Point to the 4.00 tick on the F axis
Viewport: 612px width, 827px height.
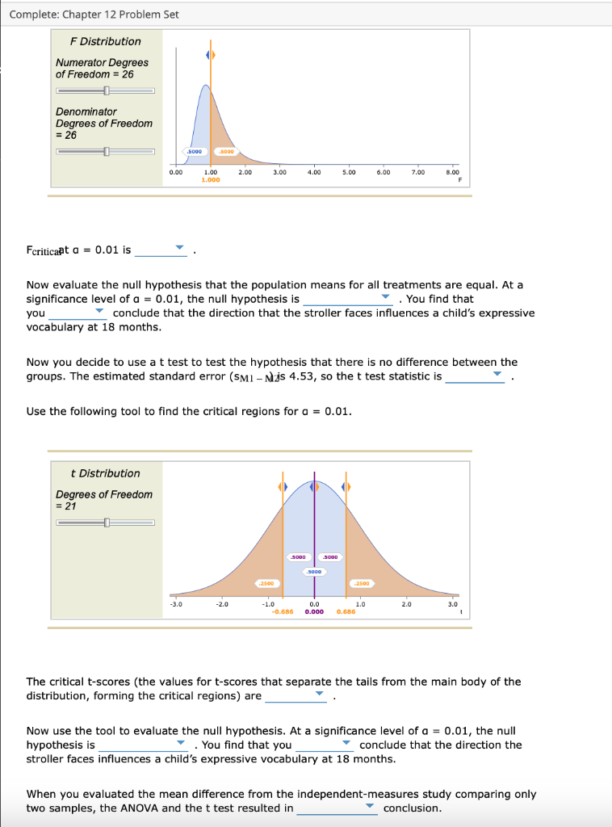(x=315, y=171)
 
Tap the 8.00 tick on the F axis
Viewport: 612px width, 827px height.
(x=453, y=171)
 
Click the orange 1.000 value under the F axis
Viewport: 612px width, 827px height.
(x=210, y=180)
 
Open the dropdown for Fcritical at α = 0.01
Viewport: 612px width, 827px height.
(x=161, y=250)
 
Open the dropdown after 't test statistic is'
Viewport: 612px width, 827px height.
(x=476, y=376)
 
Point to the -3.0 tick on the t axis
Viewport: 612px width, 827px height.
(x=175, y=603)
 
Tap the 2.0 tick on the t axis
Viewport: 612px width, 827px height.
(x=407, y=603)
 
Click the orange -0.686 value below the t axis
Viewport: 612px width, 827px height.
(x=282, y=612)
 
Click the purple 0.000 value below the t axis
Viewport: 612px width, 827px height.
(x=315, y=612)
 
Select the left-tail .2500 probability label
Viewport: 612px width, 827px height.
(x=266, y=582)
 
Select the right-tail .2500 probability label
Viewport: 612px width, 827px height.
(x=362, y=582)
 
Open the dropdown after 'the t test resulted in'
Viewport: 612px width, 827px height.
(x=337, y=808)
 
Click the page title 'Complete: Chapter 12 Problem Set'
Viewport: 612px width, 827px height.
(x=94, y=15)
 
